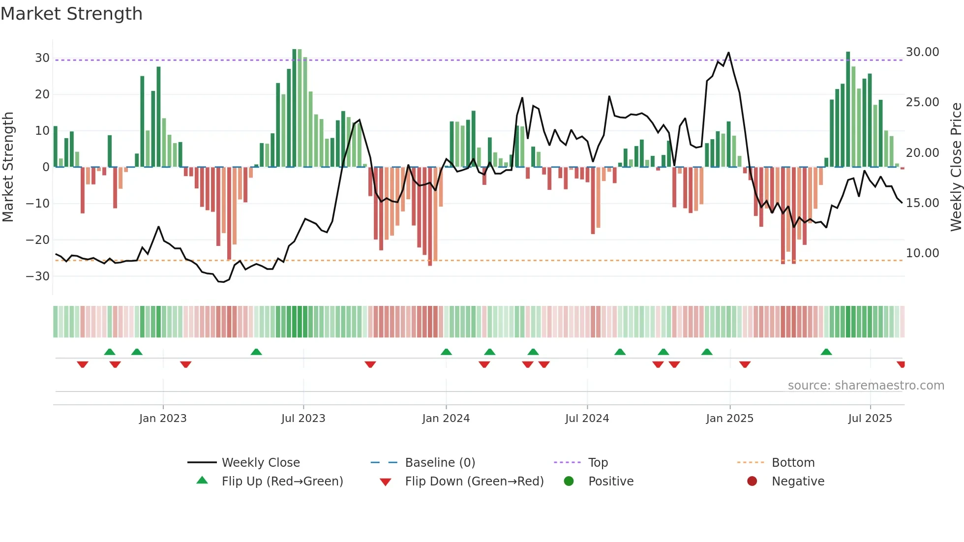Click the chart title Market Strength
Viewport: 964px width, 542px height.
[x=71, y=14]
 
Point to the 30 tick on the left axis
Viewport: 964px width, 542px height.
[x=42, y=58]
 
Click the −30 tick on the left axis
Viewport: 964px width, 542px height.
[x=38, y=276]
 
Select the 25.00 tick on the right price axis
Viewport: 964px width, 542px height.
[x=922, y=102]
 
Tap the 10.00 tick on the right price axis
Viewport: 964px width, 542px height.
[x=922, y=253]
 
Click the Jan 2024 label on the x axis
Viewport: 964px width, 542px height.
[x=446, y=419]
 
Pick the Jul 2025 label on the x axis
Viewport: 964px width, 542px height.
[x=870, y=419]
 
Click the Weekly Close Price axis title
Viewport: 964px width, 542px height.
[x=956, y=167]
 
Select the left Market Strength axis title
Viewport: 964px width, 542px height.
[x=8, y=167]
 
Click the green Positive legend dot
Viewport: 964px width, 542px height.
[x=569, y=482]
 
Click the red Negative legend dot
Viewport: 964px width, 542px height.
[x=752, y=482]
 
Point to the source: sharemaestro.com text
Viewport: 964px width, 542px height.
[x=866, y=386]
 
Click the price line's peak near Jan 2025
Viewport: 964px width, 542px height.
[x=728, y=53]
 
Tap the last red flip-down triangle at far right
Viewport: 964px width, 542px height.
[x=901, y=364]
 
